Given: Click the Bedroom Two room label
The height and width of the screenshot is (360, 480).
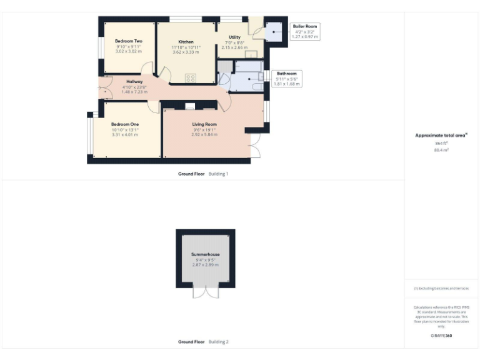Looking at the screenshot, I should (x=128, y=41).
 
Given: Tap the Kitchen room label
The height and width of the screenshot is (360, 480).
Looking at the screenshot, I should (x=186, y=42).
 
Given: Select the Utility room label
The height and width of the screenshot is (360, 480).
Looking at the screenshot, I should (x=234, y=37).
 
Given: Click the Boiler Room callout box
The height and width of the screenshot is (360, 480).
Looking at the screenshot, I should (x=305, y=31).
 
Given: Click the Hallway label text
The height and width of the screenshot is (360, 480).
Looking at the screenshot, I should (x=134, y=81).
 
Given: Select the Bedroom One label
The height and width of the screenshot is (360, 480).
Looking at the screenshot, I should (x=125, y=124).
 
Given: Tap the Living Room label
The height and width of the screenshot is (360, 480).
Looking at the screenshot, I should (x=204, y=124).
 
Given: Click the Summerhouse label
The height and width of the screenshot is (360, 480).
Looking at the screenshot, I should (x=206, y=255).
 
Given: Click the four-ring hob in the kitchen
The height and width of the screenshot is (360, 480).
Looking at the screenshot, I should (x=191, y=78).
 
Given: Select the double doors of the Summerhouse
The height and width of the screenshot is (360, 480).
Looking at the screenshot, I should (x=206, y=292).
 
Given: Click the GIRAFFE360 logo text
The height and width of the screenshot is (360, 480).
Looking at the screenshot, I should (x=441, y=336).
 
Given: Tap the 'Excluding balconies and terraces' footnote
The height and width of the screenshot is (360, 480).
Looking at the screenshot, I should (x=441, y=288).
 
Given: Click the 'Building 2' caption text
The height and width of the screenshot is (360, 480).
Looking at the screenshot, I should (x=218, y=342).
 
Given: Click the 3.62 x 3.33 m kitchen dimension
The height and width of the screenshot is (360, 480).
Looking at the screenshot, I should (x=186, y=52).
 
